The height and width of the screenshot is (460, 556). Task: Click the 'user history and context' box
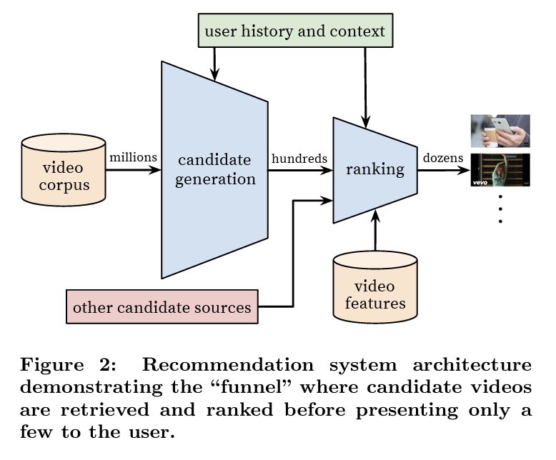pyautogui.click(x=294, y=31)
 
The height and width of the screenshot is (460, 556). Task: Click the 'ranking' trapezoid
pyautogui.click(x=374, y=170)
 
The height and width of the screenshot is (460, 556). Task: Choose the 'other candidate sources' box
pyautogui.click(x=162, y=308)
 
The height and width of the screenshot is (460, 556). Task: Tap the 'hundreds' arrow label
pyautogui.click(x=299, y=158)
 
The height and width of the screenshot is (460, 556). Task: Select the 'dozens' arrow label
pyautogui.click(x=442, y=158)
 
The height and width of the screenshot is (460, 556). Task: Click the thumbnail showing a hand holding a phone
pyautogui.click(x=500, y=131)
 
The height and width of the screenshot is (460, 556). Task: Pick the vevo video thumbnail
pyautogui.click(x=500, y=171)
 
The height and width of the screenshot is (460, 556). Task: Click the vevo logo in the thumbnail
pyautogui.click(x=480, y=182)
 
